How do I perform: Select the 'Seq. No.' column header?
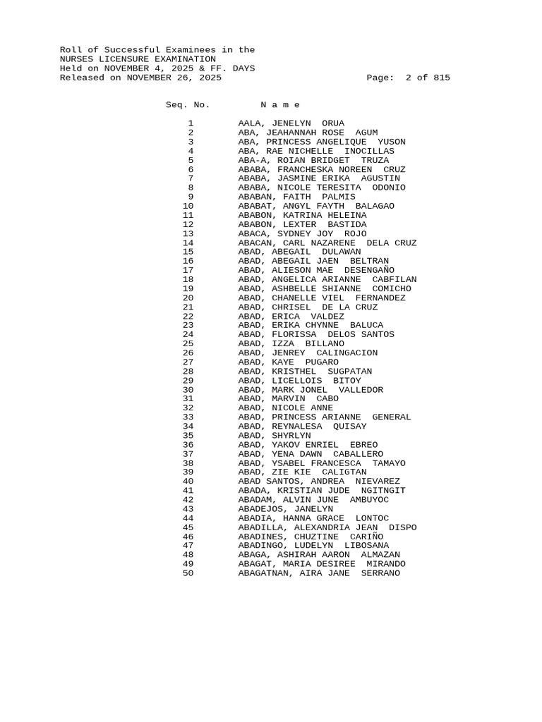tap(188, 105)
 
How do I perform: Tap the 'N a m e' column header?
tap(280, 105)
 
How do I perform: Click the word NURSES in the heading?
tap(77, 59)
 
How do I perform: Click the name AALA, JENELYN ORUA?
tap(291, 123)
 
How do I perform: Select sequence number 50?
tap(188, 573)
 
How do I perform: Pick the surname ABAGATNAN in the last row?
tap(263, 573)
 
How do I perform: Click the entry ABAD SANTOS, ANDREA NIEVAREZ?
tap(319, 482)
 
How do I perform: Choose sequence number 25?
tap(188, 344)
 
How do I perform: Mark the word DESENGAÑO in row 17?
tap(369, 271)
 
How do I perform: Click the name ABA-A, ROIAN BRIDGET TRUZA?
tap(313, 160)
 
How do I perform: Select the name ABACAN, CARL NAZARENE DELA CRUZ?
tap(327, 243)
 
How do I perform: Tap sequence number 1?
tap(191, 123)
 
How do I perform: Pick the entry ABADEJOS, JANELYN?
tap(286, 509)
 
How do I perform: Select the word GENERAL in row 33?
tap(392, 417)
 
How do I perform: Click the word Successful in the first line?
tap(130, 50)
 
